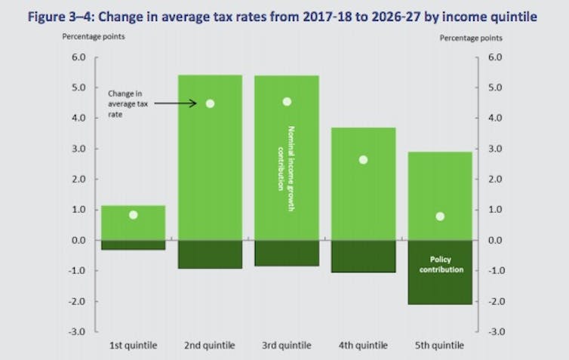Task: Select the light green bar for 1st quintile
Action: (x=133, y=223)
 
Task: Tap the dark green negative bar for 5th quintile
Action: (x=440, y=285)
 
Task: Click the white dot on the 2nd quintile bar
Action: (x=210, y=103)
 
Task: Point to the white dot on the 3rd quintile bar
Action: (x=287, y=101)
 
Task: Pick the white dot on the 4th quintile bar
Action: (x=363, y=160)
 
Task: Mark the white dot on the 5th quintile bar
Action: (x=440, y=217)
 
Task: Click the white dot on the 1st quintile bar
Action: (x=133, y=215)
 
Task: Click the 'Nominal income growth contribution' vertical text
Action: (x=289, y=170)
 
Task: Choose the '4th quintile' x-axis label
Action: (x=363, y=346)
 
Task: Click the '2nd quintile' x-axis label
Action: (x=210, y=346)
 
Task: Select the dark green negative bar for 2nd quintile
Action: (x=210, y=254)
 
